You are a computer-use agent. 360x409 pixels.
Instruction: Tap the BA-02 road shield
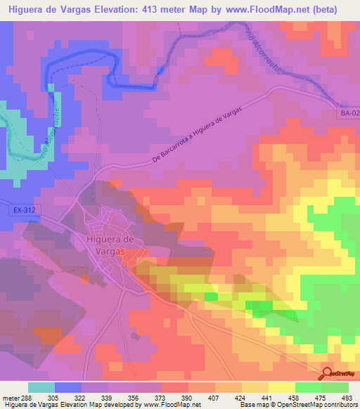347,113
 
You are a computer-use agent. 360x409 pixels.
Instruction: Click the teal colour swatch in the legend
41,388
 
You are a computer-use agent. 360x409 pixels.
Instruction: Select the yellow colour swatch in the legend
281,388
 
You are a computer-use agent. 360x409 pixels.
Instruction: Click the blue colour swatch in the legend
67,388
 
